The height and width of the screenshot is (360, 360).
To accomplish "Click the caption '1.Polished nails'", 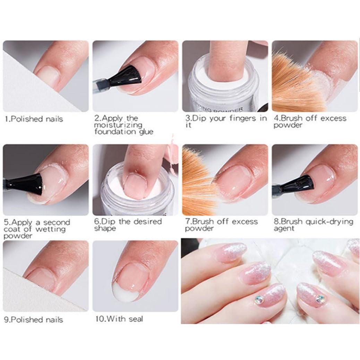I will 34,119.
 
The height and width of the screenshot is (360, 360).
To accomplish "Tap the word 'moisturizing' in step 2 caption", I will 118,125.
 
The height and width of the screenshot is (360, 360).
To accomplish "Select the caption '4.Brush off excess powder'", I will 310,121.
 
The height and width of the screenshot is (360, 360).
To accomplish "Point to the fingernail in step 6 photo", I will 136,185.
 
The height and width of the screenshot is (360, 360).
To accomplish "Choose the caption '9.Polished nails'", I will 34,319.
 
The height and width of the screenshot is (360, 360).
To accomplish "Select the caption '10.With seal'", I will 119,319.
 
